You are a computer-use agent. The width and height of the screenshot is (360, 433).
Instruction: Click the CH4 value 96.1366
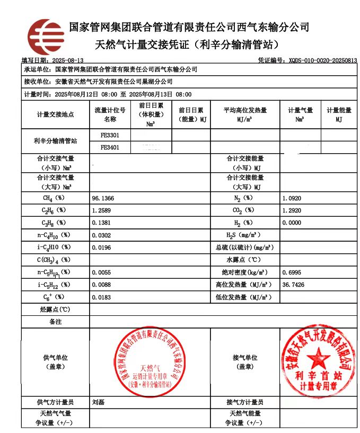click(x=103, y=198)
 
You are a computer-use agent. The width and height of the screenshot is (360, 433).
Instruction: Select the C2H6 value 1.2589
click(x=103, y=210)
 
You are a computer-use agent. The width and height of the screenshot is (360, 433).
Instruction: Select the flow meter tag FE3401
click(x=110, y=147)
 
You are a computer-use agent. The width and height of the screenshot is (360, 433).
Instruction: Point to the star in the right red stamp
click(x=318, y=356)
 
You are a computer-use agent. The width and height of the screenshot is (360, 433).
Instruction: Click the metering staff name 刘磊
click(x=98, y=402)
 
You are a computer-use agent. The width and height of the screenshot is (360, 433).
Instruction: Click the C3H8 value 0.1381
click(x=103, y=223)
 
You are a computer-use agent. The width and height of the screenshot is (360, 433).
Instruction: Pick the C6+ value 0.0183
click(x=103, y=297)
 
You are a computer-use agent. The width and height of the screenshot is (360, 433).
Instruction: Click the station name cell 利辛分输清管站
click(x=55, y=141)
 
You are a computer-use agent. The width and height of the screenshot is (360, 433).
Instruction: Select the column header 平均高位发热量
click(x=244, y=110)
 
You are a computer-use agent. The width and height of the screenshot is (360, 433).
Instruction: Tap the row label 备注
click(x=55, y=322)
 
